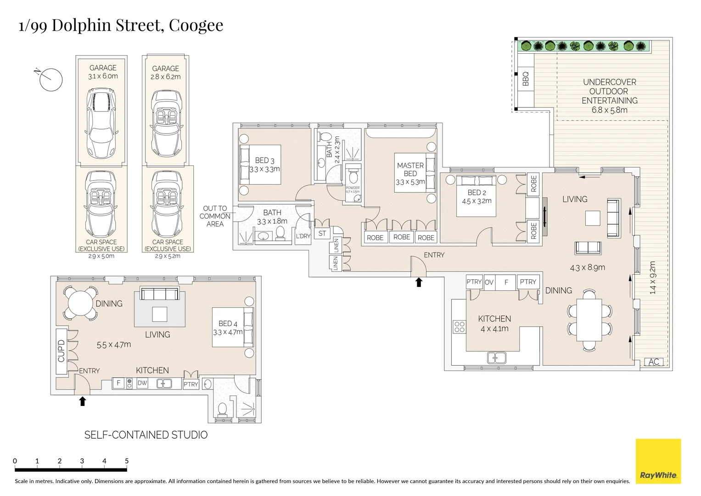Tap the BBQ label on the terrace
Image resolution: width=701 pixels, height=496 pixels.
click(526, 79)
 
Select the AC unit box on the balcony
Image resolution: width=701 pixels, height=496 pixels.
click(654, 362)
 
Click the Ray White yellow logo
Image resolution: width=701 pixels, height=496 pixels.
click(658, 461)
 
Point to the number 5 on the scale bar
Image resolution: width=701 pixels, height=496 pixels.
click(127, 461)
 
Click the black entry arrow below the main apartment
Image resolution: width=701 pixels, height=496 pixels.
click(419, 282)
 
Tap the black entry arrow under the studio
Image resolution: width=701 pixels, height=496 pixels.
click(83, 401)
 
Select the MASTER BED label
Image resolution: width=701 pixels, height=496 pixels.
click(410, 169)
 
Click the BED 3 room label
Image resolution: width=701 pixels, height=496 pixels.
click(264, 160)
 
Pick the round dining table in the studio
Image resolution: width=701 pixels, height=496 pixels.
click(80, 303)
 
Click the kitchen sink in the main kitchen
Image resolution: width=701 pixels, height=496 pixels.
click(497, 358)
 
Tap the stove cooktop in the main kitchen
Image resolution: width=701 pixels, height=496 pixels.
click(460, 327)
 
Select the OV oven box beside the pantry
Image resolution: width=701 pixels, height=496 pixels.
click(489, 282)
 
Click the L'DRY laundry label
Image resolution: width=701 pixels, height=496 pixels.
click(303, 236)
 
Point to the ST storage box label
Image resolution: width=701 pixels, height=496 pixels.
click(322, 233)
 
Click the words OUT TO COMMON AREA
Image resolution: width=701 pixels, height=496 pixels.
click(215, 216)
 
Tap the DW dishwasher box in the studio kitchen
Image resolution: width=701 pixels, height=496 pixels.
click(142, 383)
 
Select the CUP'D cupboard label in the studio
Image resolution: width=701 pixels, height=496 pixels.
click(61, 351)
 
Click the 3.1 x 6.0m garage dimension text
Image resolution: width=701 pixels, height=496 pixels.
click(103, 76)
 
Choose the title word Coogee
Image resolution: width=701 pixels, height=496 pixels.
click(196, 26)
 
